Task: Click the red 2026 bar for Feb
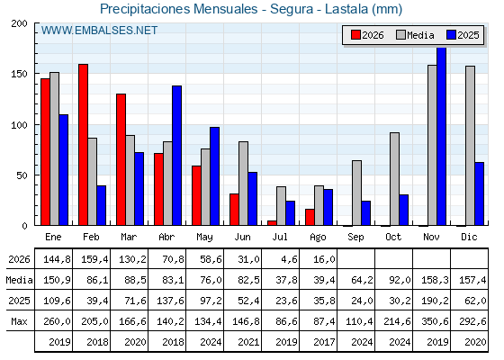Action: (x=83, y=145)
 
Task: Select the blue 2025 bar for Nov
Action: (x=441, y=136)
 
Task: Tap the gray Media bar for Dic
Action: (x=470, y=146)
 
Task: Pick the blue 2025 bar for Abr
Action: (x=176, y=156)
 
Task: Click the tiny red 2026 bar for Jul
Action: (x=272, y=223)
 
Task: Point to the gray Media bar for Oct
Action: (x=394, y=179)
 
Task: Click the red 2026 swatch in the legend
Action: (x=355, y=35)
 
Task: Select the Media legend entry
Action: (x=415, y=35)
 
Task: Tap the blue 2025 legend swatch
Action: (x=451, y=35)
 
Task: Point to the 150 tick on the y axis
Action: (x=36, y=74)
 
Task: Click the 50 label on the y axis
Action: (x=22, y=175)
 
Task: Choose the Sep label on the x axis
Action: (x=355, y=238)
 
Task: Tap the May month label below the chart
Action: (x=204, y=238)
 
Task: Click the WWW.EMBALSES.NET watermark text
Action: (x=99, y=31)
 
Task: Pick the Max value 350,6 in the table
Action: (x=435, y=321)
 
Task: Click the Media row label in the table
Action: (x=19, y=280)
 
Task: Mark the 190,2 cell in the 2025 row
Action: (x=435, y=301)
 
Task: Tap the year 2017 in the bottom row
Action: (x=324, y=342)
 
